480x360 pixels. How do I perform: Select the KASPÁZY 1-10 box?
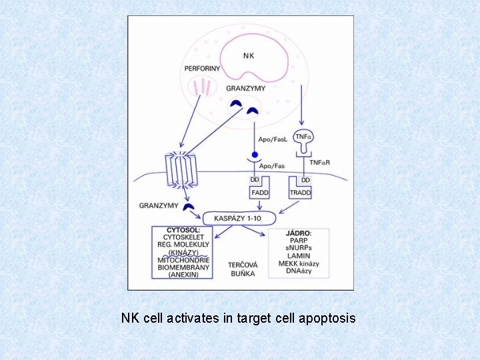[x=238, y=218]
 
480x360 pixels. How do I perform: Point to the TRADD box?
[x=300, y=193]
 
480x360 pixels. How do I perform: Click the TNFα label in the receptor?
[x=303, y=137]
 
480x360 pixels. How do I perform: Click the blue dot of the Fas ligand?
[x=254, y=155]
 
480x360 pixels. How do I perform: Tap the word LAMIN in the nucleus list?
[x=299, y=256]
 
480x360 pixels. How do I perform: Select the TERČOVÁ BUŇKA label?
[x=241, y=269]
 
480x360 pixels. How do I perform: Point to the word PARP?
[x=299, y=241]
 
